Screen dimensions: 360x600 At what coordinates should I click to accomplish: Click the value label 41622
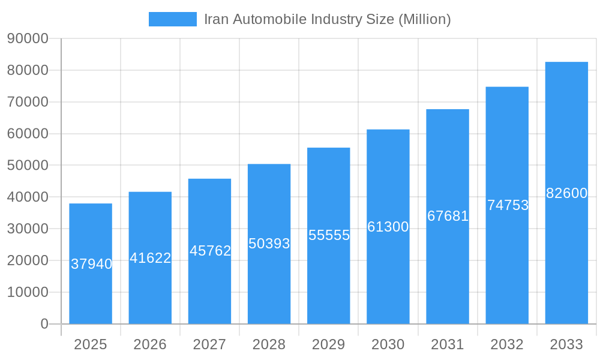(x=151, y=258)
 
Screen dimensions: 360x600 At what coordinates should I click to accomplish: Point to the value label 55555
(x=329, y=235)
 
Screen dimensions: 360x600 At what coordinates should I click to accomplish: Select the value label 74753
(x=508, y=205)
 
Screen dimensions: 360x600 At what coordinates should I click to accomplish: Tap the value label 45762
(x=210, y=251)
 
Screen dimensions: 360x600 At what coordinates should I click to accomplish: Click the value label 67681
(x=448, y=216)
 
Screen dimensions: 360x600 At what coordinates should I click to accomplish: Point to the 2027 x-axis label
(x=209, y=344)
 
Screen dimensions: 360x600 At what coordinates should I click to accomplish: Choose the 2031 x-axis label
(x=448, y=344)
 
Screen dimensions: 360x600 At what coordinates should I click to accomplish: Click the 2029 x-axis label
(x=329, y=344)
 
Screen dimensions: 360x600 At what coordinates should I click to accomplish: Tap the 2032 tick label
(x=507, y=344)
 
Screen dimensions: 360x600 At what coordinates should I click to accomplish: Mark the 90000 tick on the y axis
(x=28, y=38)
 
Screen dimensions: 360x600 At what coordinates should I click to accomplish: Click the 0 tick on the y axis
(x=44, y=324)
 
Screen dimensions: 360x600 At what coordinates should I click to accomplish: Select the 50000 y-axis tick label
(x=28, y=165)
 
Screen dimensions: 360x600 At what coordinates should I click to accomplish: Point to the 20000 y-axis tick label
(x=28, y=260)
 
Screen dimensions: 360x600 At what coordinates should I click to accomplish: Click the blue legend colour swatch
(x=172, y=19)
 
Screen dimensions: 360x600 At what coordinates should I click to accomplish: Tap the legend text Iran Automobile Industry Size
(x=327, y=19)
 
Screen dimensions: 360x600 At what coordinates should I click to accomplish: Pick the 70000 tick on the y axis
(x=28, y=102)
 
